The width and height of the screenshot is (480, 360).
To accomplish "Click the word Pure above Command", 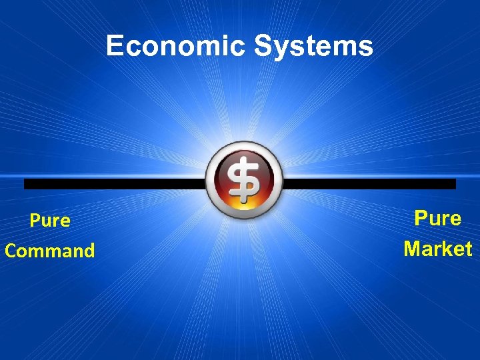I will pos(50,221).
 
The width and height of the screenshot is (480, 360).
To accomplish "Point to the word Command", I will pos(50,251).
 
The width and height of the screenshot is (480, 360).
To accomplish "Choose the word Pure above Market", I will pos(438,218).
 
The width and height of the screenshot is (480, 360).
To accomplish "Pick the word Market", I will pos(438,249).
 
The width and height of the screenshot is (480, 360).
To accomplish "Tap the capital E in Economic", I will pos(114,46).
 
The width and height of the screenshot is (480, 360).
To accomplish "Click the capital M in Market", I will pos(413,249).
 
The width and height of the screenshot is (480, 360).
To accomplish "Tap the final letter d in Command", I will pos(89,251).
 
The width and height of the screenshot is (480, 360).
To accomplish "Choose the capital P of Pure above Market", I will pos(421,218).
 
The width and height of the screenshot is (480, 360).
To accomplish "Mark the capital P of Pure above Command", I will pos(35,221).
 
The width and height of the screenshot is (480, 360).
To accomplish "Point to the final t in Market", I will pos(468,249).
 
